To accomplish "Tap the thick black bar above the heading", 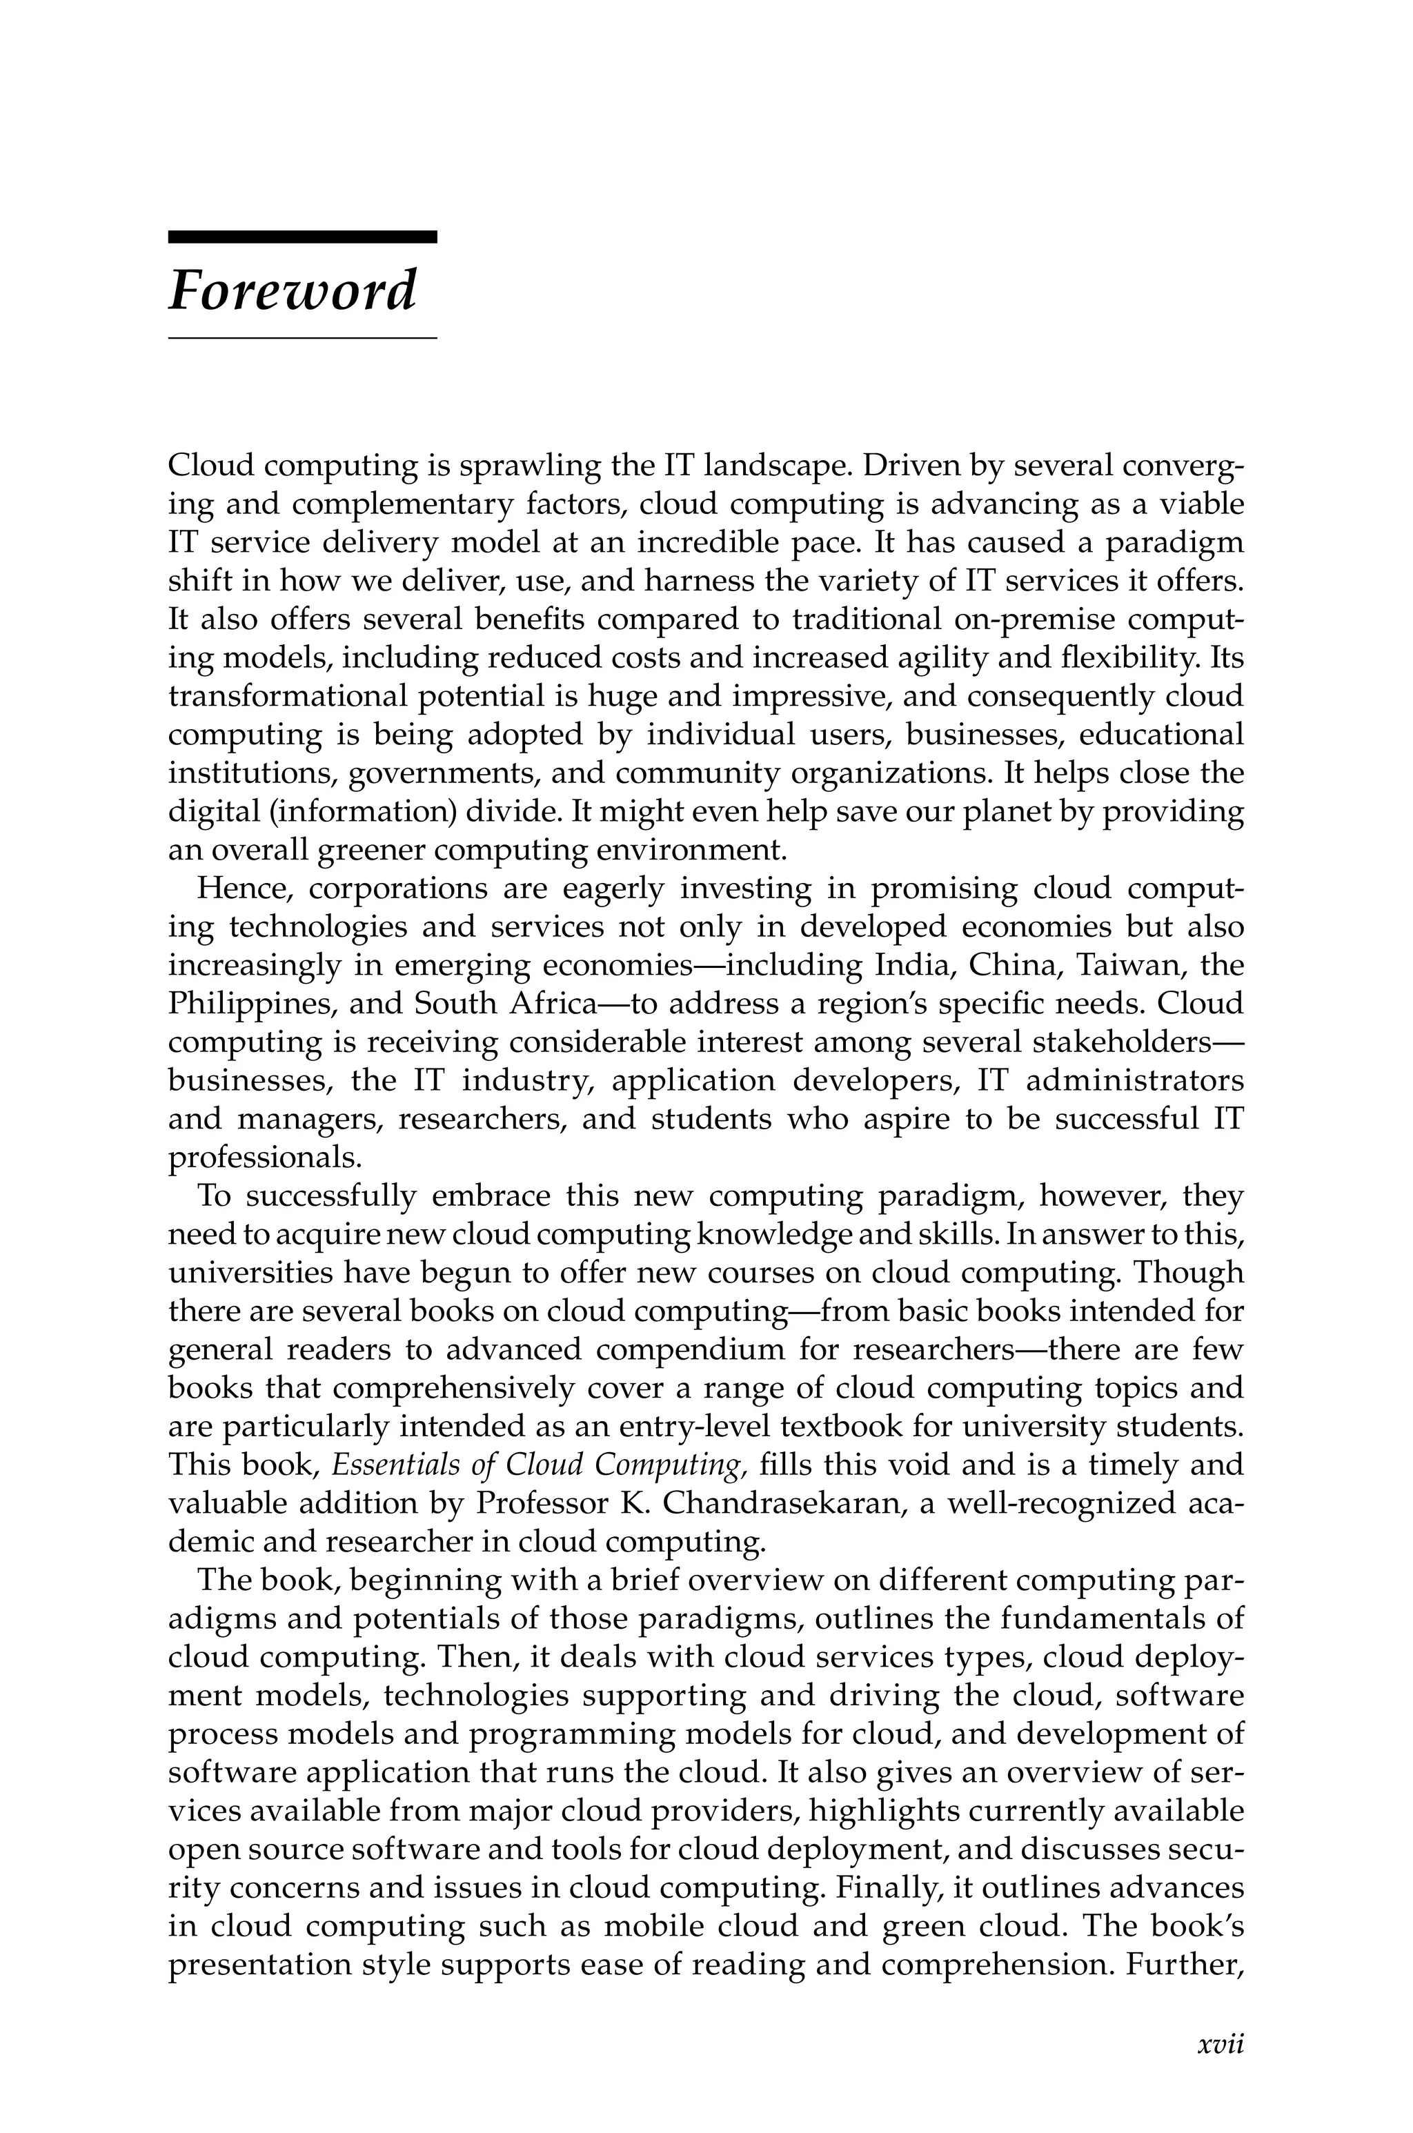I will pyautogui.click(x=302, y=237).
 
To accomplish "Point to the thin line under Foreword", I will pyautogui.click(x=302, y=338).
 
